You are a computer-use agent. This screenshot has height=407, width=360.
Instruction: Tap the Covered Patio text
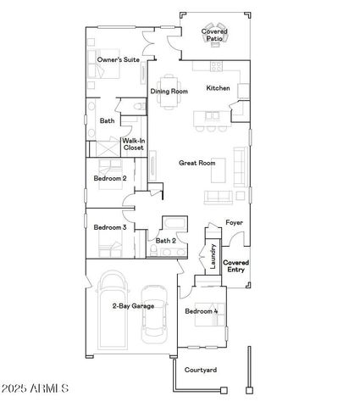[x=214, y=36]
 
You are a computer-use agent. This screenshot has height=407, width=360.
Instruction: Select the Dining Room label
[x=169, y=92]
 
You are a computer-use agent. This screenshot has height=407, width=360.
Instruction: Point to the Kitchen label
[x=218, y=88]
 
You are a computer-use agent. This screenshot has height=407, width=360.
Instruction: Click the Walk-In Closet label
[x=134, y=144]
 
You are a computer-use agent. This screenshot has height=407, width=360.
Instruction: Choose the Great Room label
[x=196, y=162]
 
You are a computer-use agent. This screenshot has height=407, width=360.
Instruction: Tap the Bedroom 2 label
[x=110, y=179]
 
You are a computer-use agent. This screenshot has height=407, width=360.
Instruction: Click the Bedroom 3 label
[x=110, y=227]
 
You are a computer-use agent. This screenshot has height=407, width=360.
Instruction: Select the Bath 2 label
[x=165, y=240]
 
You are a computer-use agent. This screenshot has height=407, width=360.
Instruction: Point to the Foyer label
[x=234, y=223]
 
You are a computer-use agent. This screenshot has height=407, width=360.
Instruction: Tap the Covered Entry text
[x=235, y=265]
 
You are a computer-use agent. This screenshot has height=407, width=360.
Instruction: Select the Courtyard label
[x=201, y=370]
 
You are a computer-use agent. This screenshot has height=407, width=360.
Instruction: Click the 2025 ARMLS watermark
[x=36, y=388]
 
